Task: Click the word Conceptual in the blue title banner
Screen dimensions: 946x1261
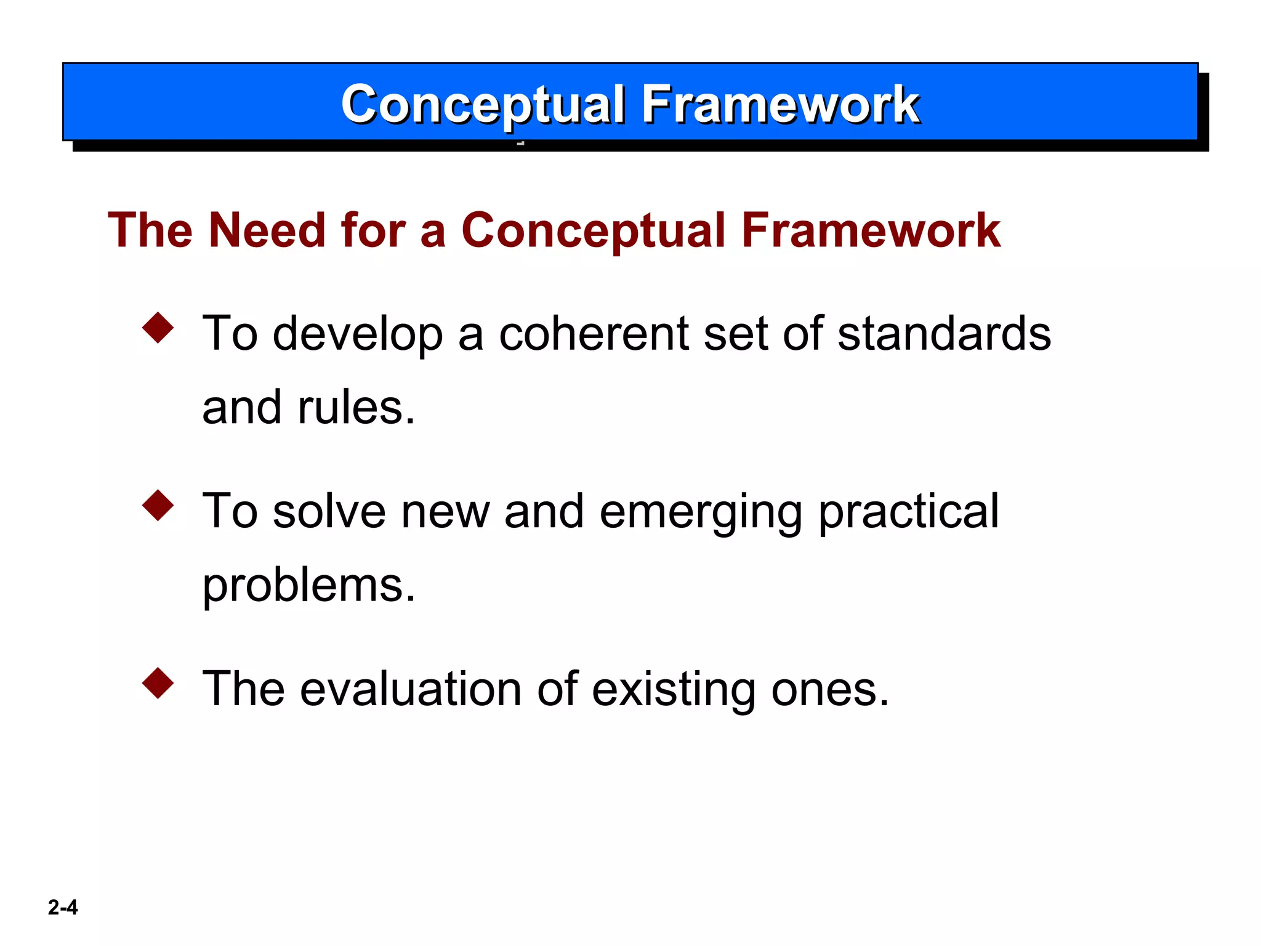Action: [x=483, y=105]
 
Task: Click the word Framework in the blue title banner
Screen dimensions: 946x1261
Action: [x=780, y=105]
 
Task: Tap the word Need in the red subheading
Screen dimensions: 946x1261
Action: [x=267, y=230]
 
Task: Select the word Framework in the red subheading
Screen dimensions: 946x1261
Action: [x=871, y=230]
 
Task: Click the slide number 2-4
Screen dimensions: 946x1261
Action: [x=63, y=907]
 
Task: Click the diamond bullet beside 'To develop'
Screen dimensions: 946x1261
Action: [x=158, y=328]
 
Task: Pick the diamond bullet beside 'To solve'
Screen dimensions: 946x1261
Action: [x=158, y=505]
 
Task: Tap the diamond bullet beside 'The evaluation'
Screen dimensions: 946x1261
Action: [x=158, y=683]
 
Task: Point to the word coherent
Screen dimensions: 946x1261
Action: [x=594, y=334]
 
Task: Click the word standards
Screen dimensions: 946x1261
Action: [x=944, y=334]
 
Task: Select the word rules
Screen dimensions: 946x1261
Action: [x=356, y=408]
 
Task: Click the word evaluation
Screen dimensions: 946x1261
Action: [x=411, y=689]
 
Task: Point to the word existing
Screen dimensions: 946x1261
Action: [x=674, y=689]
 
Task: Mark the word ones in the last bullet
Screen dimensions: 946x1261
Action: [x=829, y=689]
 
